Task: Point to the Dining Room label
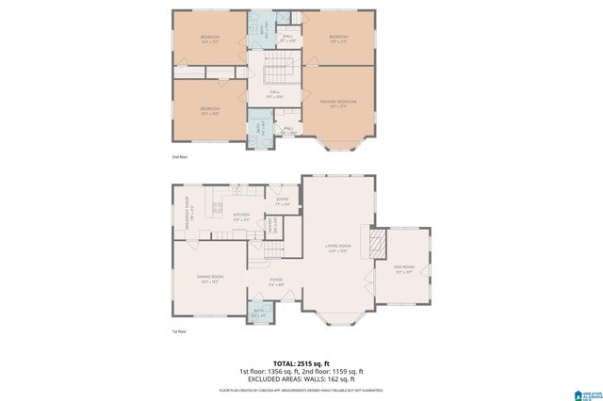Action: (x=209, y=277)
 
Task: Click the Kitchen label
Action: (x=241, y=216)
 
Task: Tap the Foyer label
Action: (x=276, y=280)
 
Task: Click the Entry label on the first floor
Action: (x=282, y=200)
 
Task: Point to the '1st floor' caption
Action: (x=178, y=331)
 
